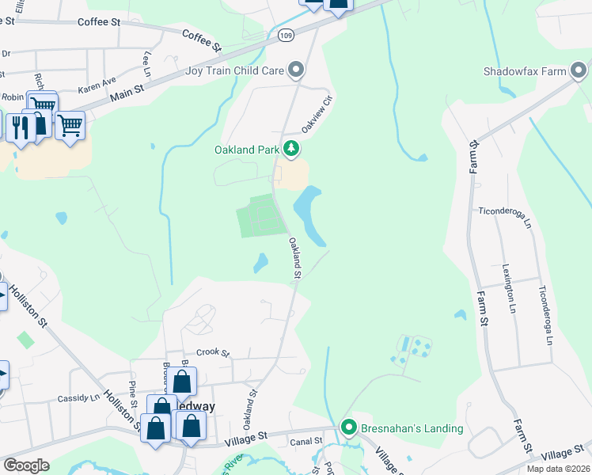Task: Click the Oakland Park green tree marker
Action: pos(292,149)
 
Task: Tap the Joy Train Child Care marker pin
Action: pos(297,70)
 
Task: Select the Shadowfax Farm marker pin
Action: pos(579,71)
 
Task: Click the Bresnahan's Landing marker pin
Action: pos(348,428)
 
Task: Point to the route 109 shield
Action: pos(286,35)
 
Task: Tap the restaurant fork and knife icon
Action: pos(20,126)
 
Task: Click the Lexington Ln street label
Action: pos(507,286)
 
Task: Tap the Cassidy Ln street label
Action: pos(79,397)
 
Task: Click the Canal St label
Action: pos(307,441)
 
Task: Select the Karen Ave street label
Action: pos(97,81)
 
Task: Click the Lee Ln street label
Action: pos(146,65)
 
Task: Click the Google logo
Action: pos(27,465)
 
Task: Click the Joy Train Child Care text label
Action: pos(234,70)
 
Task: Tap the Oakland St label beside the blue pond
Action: pos(296,258)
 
